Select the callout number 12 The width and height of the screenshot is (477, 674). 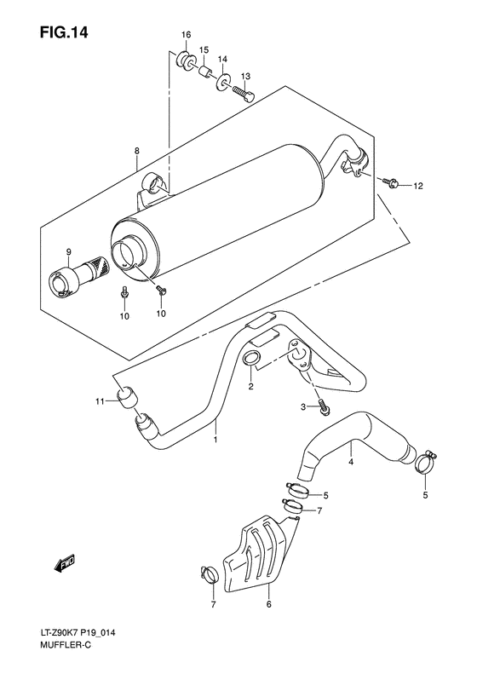click(417, 185)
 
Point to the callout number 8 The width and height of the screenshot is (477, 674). click(135, 152)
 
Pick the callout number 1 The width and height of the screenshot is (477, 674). click(216, 441)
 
